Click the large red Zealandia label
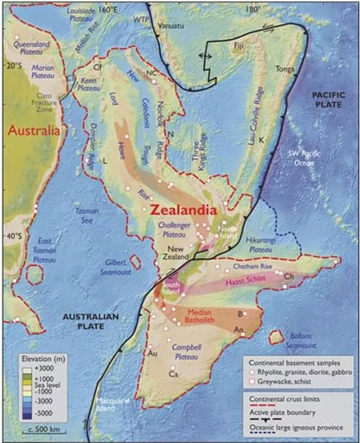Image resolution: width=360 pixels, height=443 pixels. click(x=188, y=209)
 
